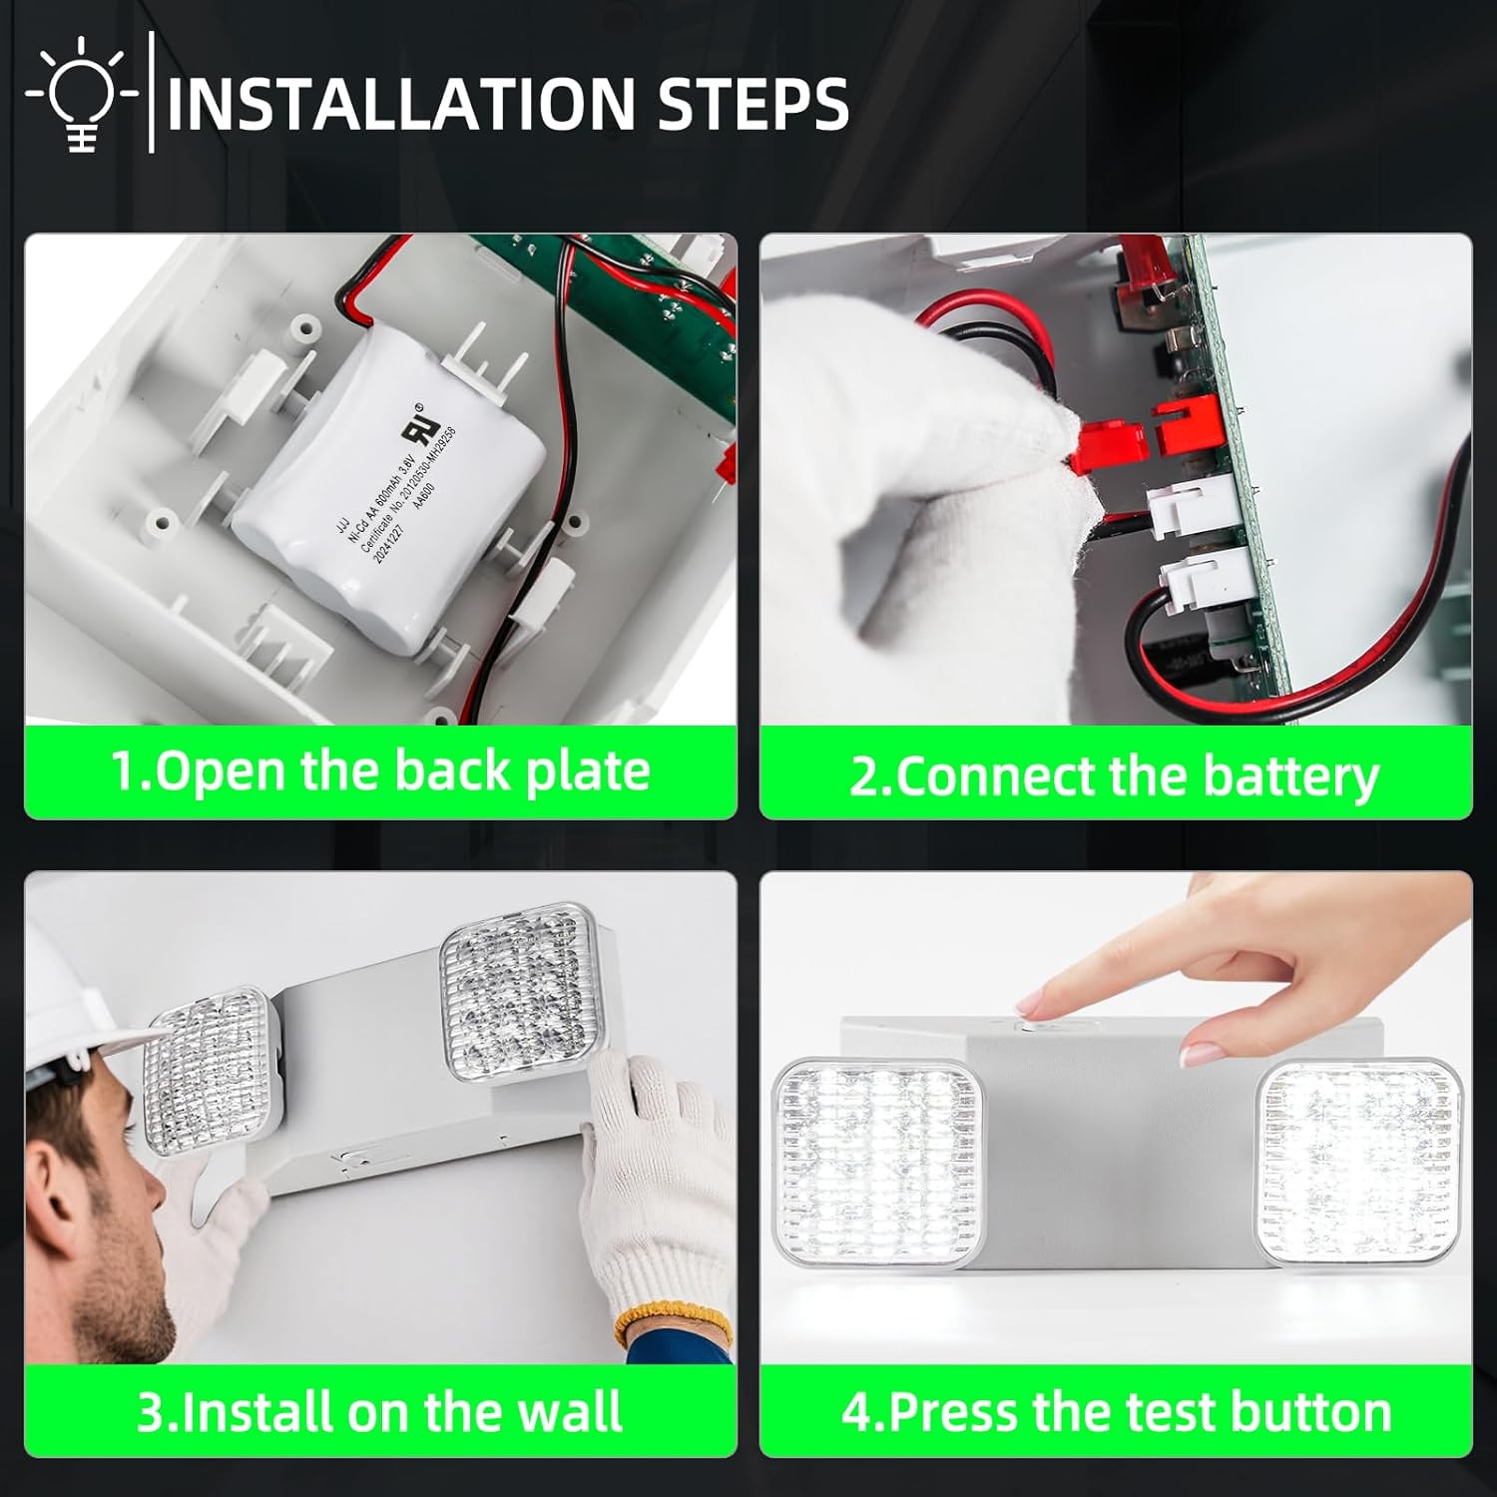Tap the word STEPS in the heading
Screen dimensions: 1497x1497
pos(753,103)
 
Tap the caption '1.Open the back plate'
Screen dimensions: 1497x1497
pos(380,771)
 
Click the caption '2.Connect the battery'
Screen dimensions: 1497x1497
pos(1114,775)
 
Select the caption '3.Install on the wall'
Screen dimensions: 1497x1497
pos(380,1410)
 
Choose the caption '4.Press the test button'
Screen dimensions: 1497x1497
pos(1116,1411)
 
